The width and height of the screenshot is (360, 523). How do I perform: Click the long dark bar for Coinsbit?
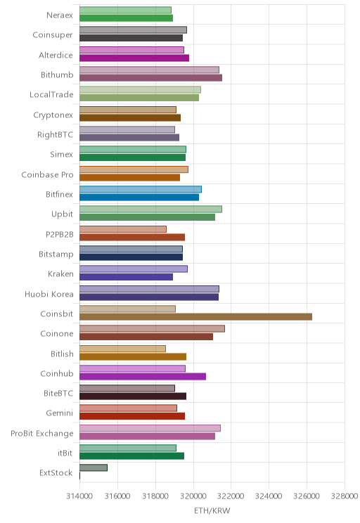click(x=196, y=316)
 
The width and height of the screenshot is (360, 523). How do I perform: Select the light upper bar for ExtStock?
click(x=94, y=467)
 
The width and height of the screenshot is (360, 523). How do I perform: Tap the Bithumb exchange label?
click(x=57, y=75)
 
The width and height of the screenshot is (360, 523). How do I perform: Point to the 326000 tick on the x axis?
click(x=307, y=496)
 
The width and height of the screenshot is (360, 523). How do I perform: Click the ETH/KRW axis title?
click(x=212, y=510)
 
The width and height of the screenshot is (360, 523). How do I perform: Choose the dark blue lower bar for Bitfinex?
click(x=139, y=197)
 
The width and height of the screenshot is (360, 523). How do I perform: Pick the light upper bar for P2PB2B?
click(x=123, y=229)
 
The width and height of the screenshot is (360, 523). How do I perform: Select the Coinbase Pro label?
click(x=47, y=174)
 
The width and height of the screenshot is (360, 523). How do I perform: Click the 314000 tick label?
click(x=79, y=496)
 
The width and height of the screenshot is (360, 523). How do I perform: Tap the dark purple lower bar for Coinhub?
click(x=143, y=376)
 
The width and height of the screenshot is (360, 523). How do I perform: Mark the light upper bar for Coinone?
click(x=152, y=328)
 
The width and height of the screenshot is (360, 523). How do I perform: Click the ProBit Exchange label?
click(x=42, y=433)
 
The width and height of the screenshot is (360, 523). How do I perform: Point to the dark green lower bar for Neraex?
click(x=126, y=18)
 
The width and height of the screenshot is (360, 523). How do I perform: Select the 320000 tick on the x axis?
click(x=193, y=496)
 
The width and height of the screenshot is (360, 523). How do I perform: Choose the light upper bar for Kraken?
click(x=134, y=269)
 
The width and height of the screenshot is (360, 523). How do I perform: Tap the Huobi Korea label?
click(x=49, y=294)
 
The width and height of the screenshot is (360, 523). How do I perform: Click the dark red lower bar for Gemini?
click(x=132, y=416)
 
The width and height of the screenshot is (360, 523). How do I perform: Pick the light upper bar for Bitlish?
click(x=122, y=349)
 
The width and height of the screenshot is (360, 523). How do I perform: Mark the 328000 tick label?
click(x=345, y=496)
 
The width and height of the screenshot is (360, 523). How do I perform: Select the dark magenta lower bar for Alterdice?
click(x=134, y=58)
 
